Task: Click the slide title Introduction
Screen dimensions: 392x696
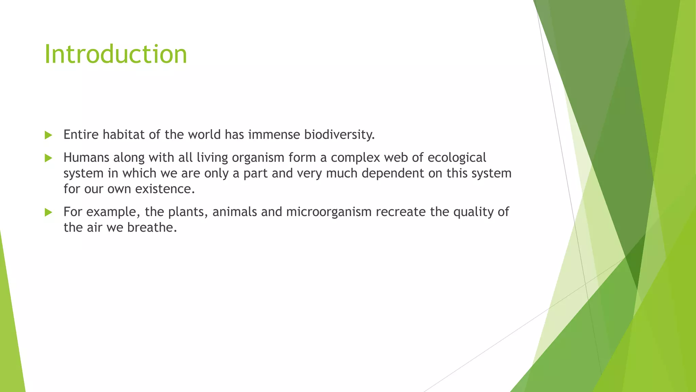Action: [x=116, y=54]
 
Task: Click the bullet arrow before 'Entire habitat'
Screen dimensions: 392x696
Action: [x=48, y=135]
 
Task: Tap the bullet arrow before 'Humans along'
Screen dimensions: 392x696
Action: [x=48, y=158]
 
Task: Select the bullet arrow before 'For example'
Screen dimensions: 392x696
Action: [x=48, y=212]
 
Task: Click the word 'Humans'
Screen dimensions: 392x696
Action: [x=86, y=158]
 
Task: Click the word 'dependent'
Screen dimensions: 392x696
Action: [x=393, y=174]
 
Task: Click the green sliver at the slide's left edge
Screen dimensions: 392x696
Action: [x=10, y=323]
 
